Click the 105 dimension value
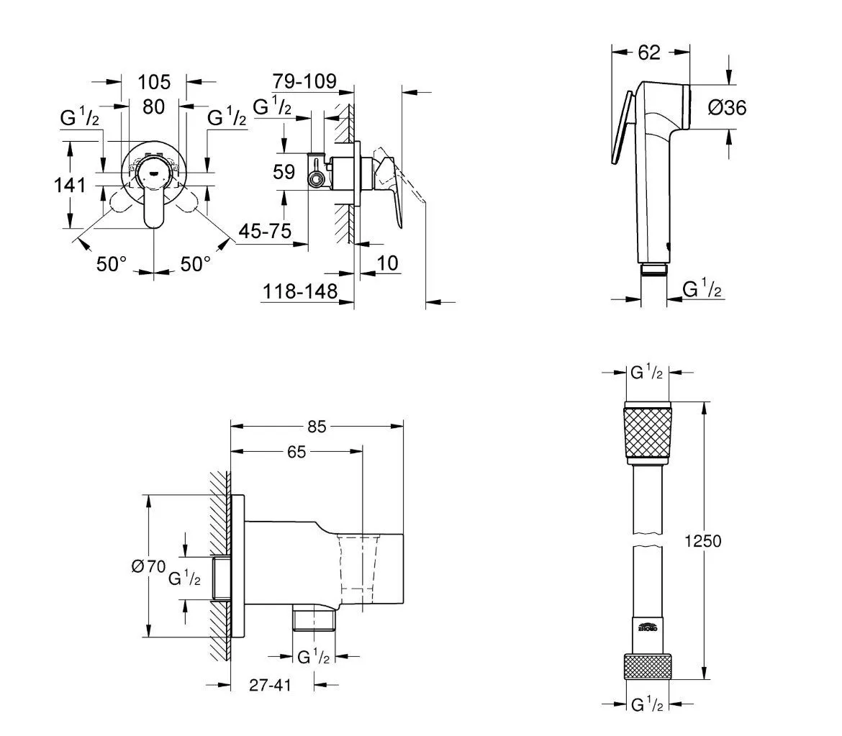tap(153, 81)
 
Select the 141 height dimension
tap(71, 186)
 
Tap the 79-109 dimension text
tap(304, 81)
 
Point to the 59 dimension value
tap(284, 172)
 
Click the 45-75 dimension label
tap(265, 232)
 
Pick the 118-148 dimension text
tap(300, 291)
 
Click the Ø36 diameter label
tap(727, 108)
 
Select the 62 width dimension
tap(649, 52)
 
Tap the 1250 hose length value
tap(704, 541)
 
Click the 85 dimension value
tap(317, 427)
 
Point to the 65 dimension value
tap(296, 452)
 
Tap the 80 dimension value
tap(153, 106)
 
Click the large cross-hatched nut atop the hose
tap(647, 433)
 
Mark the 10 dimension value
tap(387, 263)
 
